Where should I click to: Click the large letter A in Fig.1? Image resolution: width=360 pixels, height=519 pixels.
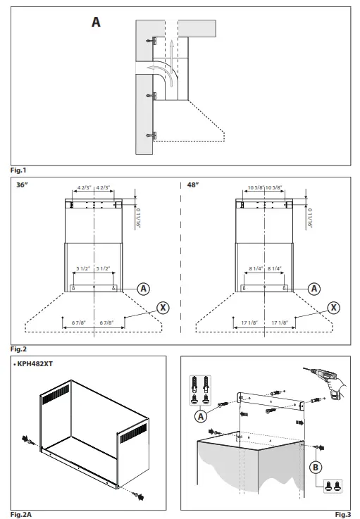(96, 23)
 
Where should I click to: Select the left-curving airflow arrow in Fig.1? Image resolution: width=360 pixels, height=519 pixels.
(156, 69)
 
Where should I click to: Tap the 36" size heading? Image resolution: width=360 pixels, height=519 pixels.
(22, 185)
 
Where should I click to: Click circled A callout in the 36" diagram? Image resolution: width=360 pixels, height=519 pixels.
(143, 288)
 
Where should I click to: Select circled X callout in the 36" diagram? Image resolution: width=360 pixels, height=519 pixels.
(163, 307)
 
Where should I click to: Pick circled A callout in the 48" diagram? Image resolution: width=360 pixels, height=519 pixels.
(314, 288)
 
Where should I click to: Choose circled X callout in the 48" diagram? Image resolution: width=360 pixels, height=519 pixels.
(334, 307)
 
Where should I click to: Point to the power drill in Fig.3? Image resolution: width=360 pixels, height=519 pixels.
(325, 380)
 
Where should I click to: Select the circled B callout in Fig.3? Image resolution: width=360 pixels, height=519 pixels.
(318, 465)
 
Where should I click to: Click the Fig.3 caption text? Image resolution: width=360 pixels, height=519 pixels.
(343, 515)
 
